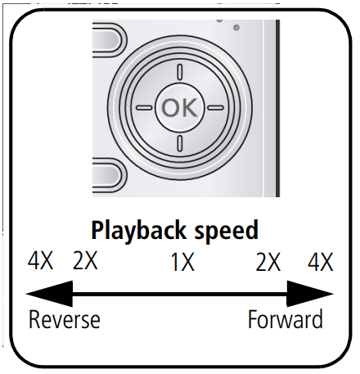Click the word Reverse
tap(64, 319)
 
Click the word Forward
tap(286, 319)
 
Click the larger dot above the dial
tap(236, 29)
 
